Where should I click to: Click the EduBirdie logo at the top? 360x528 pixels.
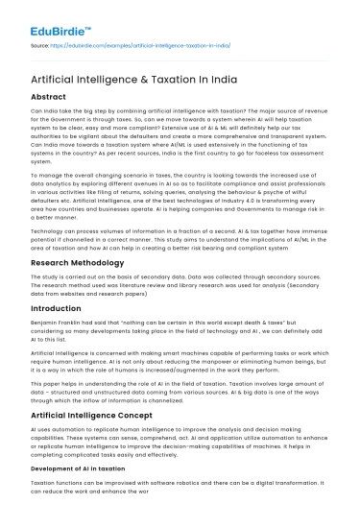click(50, 17)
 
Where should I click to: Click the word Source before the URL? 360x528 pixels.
click(41, 44)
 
